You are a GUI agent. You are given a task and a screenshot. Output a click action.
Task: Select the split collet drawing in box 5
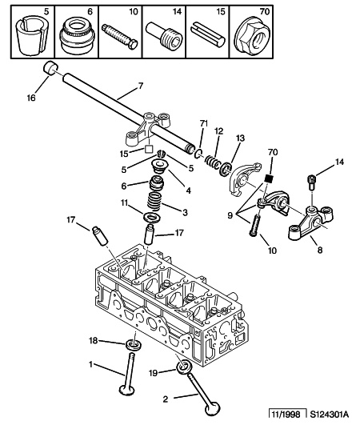click(x=32, y=36)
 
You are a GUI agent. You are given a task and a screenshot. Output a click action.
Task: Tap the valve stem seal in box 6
click(x=77, y=36)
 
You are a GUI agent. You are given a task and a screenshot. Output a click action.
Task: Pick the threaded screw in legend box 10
click(x=120, y=37)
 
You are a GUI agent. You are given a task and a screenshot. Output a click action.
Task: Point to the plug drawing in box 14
click(x=165, y=34)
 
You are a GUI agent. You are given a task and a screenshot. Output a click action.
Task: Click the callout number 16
click(x=31, y=98)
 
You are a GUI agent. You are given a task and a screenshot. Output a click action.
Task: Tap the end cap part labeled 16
click(x=50, y=68)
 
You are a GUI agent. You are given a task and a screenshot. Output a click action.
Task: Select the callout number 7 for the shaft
click(x=140, y=86)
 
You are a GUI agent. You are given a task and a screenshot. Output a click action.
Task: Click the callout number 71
click(x=204, y=123)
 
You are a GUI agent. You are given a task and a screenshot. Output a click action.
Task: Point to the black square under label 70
click(x=268, y=178)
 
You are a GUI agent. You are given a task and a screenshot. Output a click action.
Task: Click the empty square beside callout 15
click(x=149, y=149)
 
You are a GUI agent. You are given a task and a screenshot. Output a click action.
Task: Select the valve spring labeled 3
click(x=155, y=203)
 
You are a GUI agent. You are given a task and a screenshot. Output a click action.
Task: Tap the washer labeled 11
click(x=152, y=218)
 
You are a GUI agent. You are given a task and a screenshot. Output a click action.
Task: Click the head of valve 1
click(x=126, y=390)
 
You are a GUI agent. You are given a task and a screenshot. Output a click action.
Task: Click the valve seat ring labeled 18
click(x=134, y=345)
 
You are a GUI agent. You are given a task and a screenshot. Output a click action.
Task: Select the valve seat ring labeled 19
click(x=185, y=367)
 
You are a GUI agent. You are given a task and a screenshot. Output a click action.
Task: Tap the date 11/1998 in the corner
click(x=286, y=414)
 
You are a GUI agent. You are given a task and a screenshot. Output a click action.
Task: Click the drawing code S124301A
click(x=330, y=414)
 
